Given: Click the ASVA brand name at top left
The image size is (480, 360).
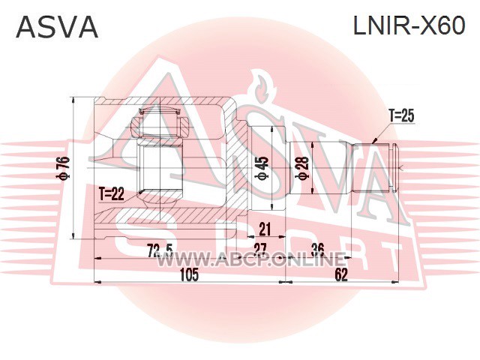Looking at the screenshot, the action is (x=57, y=27).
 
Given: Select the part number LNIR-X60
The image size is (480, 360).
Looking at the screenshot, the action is (x=409, y=25).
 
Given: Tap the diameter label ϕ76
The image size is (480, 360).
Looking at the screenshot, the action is (x=65, y=168).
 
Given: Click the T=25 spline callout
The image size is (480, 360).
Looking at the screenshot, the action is (x=401, y=115).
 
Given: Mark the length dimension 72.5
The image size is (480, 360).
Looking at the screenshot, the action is (x=160, y=250).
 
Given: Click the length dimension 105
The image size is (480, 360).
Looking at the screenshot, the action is (x=189, y=274).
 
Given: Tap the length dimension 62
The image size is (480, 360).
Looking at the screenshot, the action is (x=341, y=274).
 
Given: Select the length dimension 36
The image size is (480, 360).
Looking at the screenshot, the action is (x=317, y=250).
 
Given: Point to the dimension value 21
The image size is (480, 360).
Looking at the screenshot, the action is (x=265, y=229).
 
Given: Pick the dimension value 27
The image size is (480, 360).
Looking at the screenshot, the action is (x=260, y=250).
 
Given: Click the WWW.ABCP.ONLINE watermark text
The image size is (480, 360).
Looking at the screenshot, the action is (x=251, y=260).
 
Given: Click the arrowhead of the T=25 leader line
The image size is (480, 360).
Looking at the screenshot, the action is (x=373, y=142).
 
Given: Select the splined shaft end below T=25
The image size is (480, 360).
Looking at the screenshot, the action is (x=375, y=168).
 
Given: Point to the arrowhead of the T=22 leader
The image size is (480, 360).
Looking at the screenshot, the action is (x=140, y=192).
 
